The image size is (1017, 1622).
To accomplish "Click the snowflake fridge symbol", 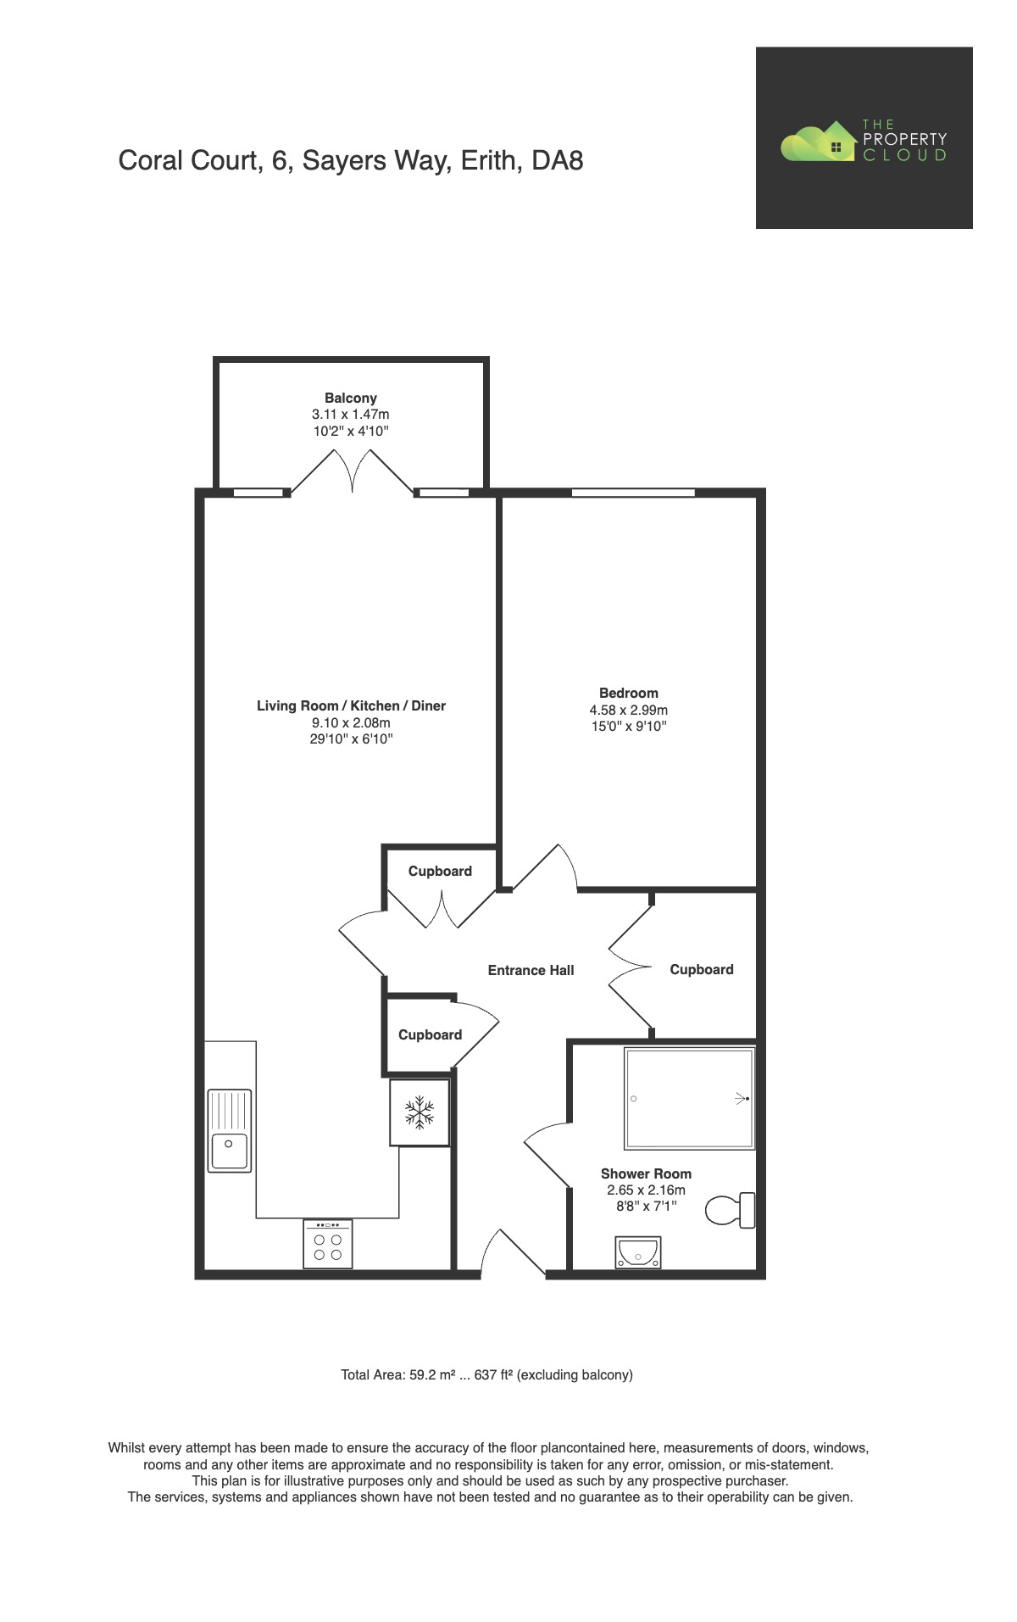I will coord(419,1112).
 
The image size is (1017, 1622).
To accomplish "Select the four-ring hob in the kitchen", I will coord(327,1244).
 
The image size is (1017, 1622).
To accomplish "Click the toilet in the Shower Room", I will coord(729,1210).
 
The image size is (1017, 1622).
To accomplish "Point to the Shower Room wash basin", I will coord(638,1252).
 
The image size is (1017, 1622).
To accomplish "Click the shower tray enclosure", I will coord(688,1099).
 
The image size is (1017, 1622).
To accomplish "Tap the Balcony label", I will coord(350,398).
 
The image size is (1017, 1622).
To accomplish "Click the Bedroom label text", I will coord(628,693).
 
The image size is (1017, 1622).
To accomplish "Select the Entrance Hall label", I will coord(531,970).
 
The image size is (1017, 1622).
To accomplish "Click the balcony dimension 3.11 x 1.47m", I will coord(350,415).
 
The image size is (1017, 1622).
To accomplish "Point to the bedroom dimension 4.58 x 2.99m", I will coord(628,710).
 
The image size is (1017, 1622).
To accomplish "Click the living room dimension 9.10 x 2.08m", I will coord(350,722).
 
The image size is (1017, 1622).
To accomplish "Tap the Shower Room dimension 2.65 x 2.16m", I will coord(646,1190).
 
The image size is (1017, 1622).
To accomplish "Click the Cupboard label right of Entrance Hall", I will coord(701,969).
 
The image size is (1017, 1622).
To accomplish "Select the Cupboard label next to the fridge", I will coord(430,1034).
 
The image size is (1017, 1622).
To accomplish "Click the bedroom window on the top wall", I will coord(633,493).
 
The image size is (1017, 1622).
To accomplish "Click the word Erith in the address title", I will coord(488,160).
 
